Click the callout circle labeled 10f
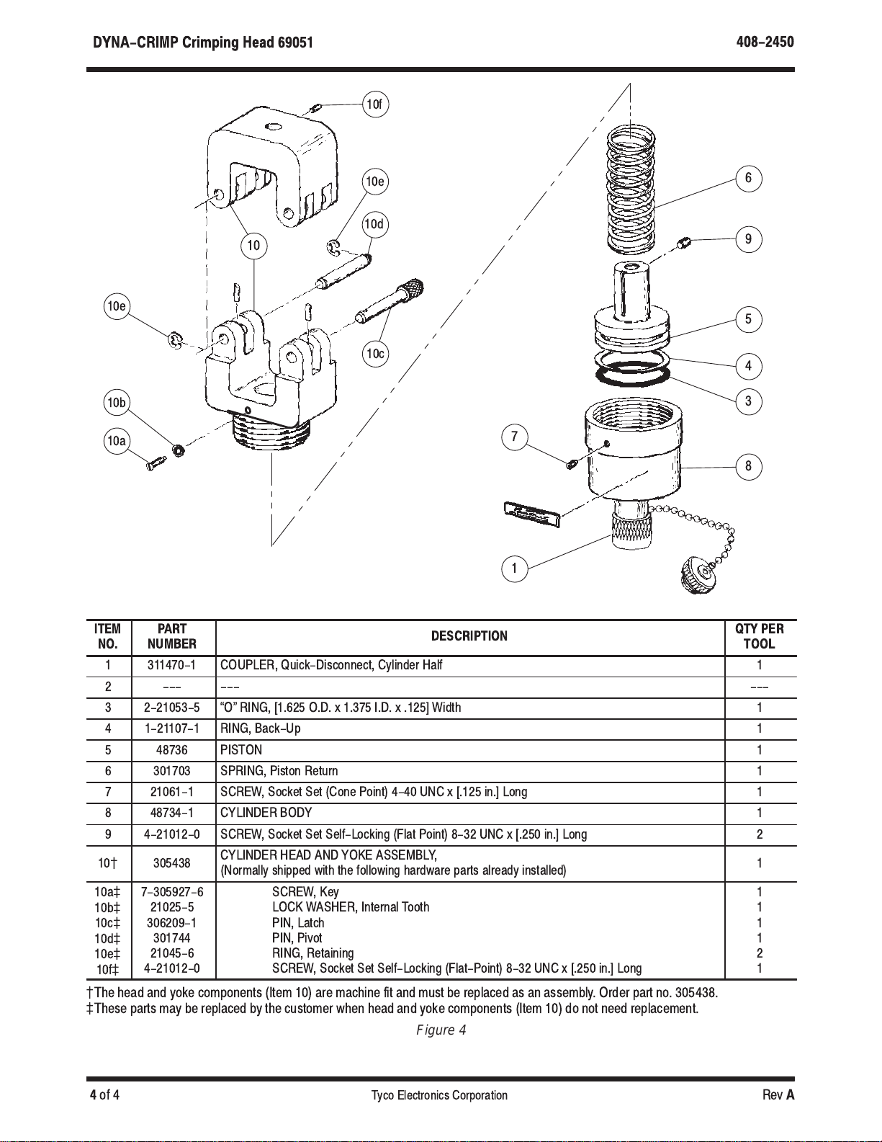point(375,104)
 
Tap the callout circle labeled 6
point(748,178)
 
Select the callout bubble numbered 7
point(515,437)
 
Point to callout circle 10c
point(375,353)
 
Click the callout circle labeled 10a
point(117,440)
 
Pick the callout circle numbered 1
point(515,568)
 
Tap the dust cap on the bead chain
point(698,576)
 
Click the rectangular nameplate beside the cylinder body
point(532,513)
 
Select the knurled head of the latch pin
point(412,288)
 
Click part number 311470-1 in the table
point(171,665)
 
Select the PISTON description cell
point(241,750)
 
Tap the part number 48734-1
point(171,813)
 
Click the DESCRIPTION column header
point(469,636)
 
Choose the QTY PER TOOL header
point(759,636)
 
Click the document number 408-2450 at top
point(765,42)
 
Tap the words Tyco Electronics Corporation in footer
point(439,1095)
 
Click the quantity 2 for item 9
point(759,834)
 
